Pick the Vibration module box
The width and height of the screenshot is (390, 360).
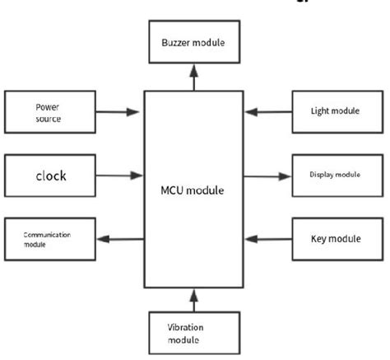194,333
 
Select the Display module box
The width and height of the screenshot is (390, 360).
337,175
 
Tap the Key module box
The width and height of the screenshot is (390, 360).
337,239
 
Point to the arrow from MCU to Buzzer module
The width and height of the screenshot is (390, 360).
194,78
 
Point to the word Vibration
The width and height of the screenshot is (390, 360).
185,326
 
